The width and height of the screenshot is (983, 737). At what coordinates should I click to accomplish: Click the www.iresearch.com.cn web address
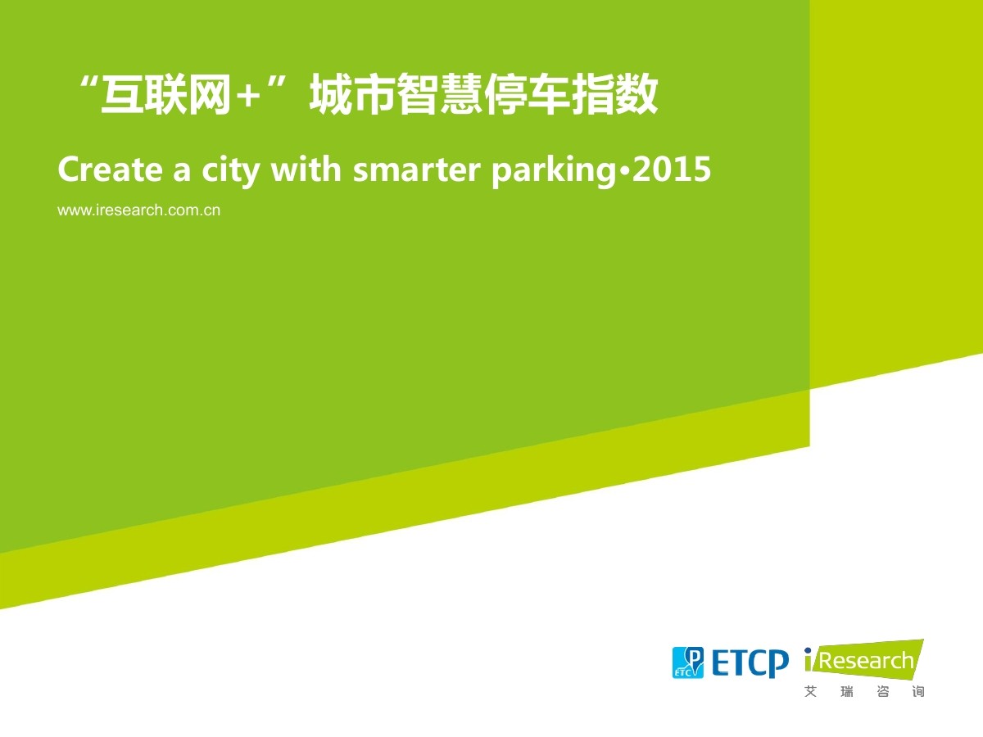click(138, 210)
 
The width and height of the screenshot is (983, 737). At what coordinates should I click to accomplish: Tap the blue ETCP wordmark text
click(750, 663)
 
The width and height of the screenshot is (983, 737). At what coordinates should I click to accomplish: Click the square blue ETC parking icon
click(688, 662)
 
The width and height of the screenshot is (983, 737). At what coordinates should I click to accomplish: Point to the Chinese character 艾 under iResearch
click(811, 692)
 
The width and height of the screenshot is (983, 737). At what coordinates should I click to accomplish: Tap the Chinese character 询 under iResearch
click(917, 692)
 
